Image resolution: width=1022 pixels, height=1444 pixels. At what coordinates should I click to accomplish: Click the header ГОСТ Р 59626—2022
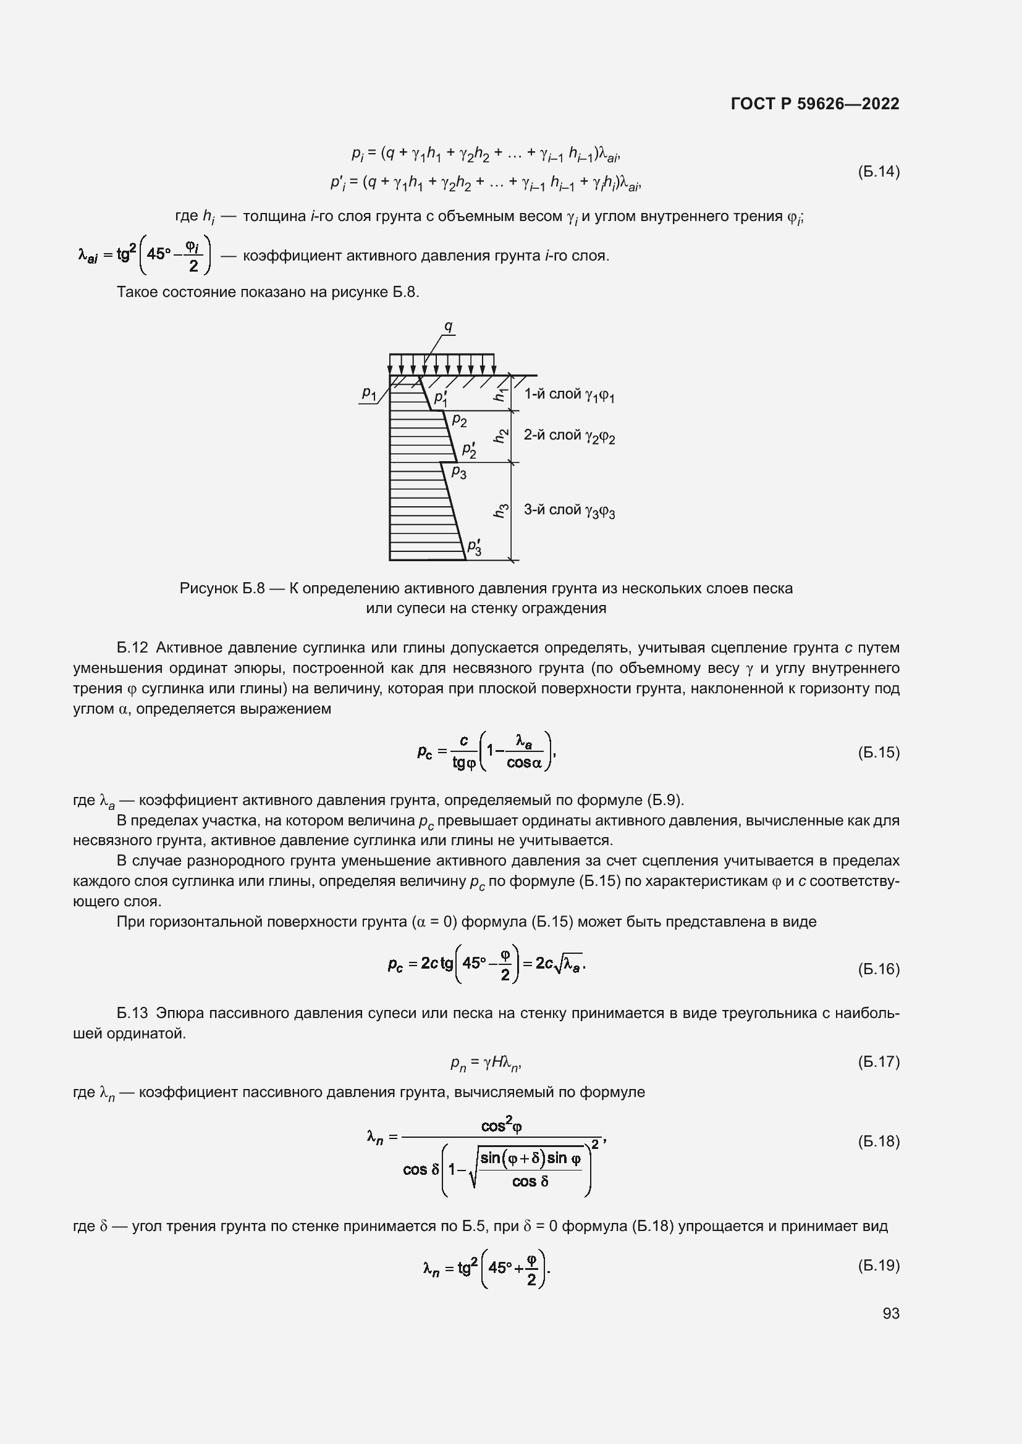[815, 104]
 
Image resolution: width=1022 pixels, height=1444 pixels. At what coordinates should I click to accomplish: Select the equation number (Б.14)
[879, 172]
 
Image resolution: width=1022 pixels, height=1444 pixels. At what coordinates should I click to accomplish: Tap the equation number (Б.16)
[879, 969]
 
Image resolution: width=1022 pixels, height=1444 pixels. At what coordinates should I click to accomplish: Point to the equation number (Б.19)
[879, 1265]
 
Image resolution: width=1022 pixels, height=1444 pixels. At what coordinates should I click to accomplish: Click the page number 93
[890, 1314]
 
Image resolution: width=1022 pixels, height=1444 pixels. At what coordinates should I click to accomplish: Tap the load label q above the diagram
[448, 326]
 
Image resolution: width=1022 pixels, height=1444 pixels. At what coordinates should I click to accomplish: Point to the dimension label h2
[500, 435]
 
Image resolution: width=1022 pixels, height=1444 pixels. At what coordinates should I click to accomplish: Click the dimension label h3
[500, 511]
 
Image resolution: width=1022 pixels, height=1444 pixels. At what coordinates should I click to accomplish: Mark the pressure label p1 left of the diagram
[369, 393]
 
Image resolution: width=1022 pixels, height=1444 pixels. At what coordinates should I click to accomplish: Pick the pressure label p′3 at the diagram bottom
[474, 547]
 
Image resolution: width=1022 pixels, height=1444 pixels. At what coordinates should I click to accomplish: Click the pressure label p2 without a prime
[459, 421]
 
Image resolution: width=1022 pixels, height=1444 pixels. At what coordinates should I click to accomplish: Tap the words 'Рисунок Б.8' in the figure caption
[222, 589]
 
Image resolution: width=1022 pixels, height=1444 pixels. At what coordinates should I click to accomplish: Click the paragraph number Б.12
[132, 648]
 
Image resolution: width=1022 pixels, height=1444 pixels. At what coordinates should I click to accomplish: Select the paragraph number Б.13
[132, 1013]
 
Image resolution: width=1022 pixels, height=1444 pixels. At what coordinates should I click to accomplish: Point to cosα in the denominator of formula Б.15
[523, 763]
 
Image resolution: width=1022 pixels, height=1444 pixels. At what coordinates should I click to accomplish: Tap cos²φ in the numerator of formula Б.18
[502, 1126]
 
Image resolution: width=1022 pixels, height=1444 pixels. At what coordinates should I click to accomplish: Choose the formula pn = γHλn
[486, 1064]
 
